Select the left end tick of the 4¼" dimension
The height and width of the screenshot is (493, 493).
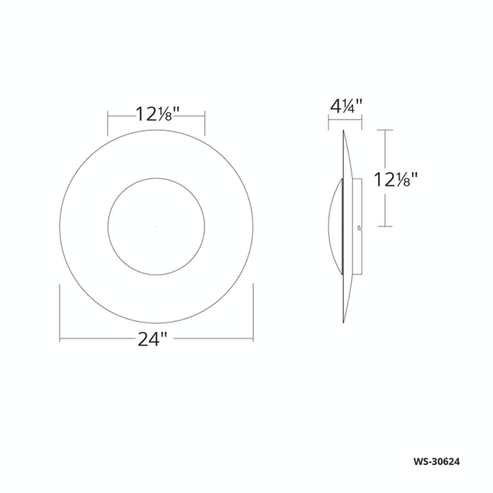click(x=329, y=123)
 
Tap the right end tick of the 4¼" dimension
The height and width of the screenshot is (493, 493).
click(x=362, y=123)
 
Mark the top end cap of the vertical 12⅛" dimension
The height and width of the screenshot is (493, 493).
click(x=385, y=130)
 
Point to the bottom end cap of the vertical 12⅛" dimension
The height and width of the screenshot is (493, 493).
click(x=385, y=227)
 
